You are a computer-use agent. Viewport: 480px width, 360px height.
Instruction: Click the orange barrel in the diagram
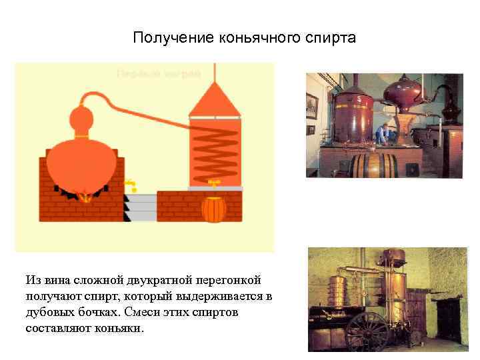(213, 209)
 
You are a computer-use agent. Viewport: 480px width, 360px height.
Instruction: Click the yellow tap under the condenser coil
(215, 182)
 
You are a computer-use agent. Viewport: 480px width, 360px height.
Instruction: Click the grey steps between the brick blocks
(139, 207)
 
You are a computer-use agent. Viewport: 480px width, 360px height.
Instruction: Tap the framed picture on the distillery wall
(311, 106)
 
